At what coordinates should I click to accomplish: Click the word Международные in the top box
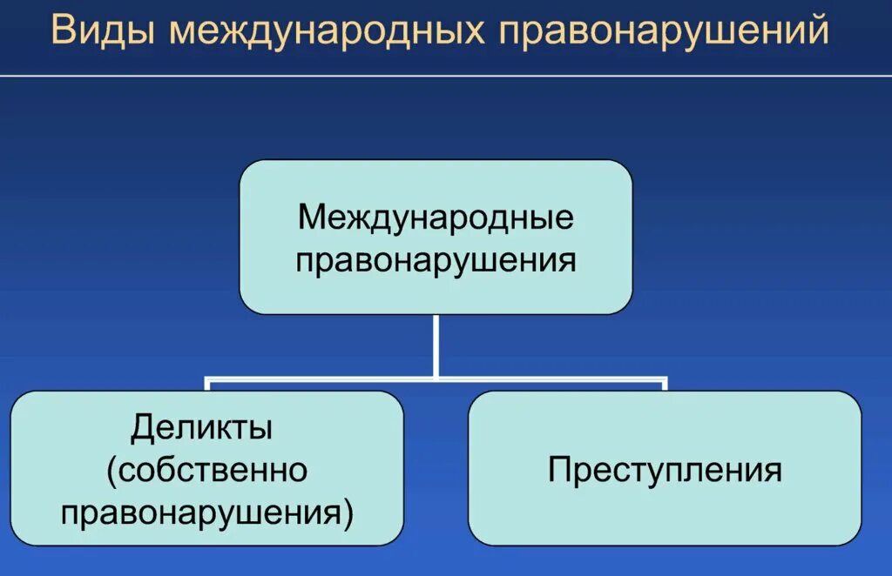[x=436, y=217]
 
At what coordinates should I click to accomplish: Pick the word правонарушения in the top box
[x=436, y=259]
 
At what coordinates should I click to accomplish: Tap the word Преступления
[x=665, y=471]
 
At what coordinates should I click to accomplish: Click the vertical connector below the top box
[x=436, y=345]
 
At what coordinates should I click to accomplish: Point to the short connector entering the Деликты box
[x=207, y=385]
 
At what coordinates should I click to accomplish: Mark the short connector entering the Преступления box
[x=665, y=385]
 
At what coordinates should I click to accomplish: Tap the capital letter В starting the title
[x=63, y=31]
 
